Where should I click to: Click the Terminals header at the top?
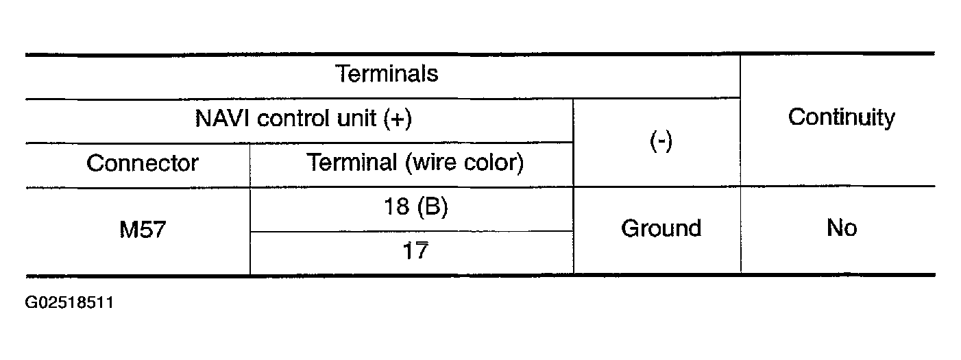[x=387, y=73]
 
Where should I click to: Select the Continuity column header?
[x=841, y=117]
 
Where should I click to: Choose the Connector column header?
[x=142, y=163]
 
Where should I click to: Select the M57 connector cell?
[x=142, y=228]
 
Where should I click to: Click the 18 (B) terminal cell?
[x=415, y=207]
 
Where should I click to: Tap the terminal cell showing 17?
[x=415, y=251]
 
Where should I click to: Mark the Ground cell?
[x=661, y=228]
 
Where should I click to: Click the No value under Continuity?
[x=841, y=228]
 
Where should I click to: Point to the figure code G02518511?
[x=69, y=302]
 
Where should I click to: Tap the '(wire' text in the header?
[x=429, y=163]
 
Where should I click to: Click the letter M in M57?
[x=128, y=228]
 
